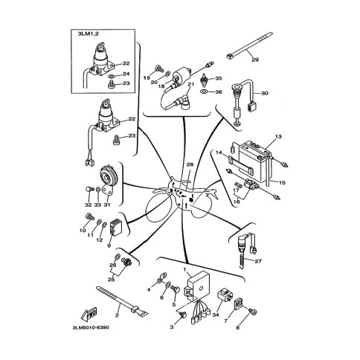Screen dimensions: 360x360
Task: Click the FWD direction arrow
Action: point(89,314)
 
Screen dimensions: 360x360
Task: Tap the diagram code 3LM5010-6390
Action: point(91,328)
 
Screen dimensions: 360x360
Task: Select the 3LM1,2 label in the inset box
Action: point(89,34)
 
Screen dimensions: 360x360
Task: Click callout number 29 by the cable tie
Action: point(255,60)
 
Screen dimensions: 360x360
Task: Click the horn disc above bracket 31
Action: point(108,175)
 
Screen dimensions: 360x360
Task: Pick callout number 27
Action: point(258,261)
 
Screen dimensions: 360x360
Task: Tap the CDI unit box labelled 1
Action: point(198,286)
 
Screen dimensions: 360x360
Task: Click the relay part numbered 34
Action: point(225,294)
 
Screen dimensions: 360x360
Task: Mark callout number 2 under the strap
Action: point(117,315)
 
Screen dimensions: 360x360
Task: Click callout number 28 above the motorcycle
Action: point(190,164)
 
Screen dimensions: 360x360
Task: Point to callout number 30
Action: point(265,93)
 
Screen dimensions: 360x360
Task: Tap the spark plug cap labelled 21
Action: point(182,102)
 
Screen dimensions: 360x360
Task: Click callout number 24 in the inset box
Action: point(126,74)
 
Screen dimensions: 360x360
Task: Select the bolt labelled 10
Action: point(89,216)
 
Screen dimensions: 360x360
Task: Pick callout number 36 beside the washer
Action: point(219,92)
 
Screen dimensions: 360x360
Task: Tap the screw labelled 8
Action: point(252,311)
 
